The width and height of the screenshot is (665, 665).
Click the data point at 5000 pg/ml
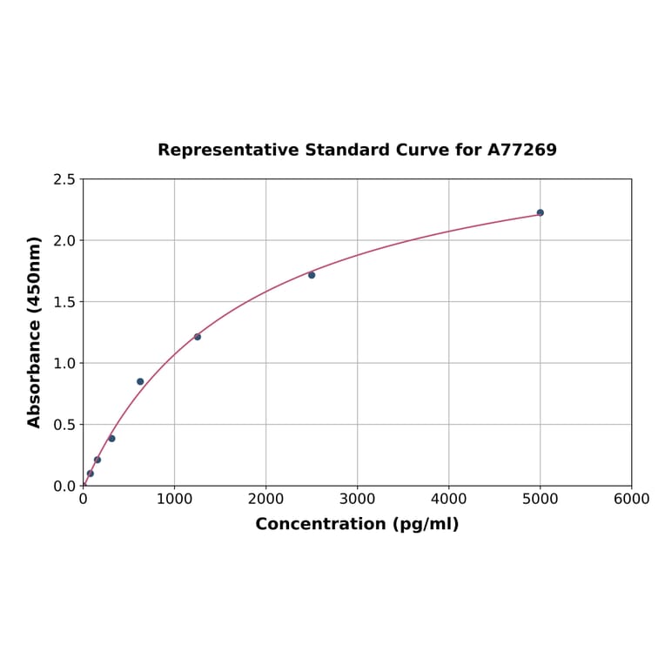point(540,212)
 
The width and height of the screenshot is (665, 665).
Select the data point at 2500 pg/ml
point(312,275)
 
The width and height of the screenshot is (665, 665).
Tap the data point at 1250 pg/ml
point(198,337)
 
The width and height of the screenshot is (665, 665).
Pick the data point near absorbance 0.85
point(140,381)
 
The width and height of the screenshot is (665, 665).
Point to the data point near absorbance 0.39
point(111,438)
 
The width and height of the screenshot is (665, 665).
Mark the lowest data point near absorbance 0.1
point(91,474)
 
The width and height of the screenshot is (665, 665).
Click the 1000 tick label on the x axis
point(174,499)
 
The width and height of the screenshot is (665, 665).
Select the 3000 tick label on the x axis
point(357,499)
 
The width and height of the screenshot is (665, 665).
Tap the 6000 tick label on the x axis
point(631,499)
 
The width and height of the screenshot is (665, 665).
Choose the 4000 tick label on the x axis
point(448,499)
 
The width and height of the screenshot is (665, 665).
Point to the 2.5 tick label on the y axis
point(64,179)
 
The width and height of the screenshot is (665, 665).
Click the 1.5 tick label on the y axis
point(64,302)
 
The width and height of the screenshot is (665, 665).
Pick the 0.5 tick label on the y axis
point(64,425)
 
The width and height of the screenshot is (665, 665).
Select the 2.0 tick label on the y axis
point(64,240)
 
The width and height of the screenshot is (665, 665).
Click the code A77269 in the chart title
point(521,150)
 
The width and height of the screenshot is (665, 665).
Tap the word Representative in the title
point(229,150)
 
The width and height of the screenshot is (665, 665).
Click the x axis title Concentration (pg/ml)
point(357,524)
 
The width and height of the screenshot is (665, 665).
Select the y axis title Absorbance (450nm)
point(35,332)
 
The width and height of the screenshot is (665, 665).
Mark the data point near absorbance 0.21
point(97,460)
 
